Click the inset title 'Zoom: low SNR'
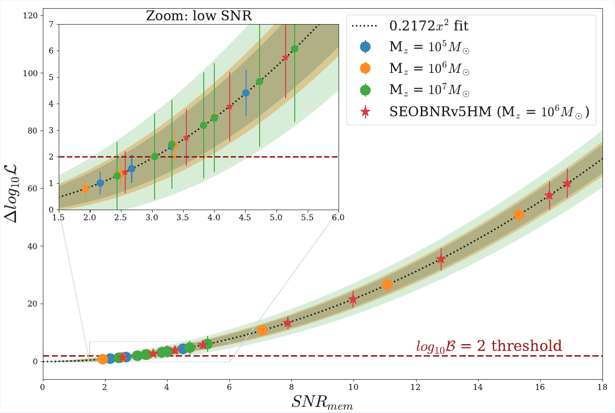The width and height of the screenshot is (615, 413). (x=199, y=15)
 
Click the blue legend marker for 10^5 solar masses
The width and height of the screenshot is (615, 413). (x=366, y=47)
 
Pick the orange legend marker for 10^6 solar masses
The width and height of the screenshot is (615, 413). (x=366, y=68)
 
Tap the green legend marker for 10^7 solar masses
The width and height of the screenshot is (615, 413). (x=366, y=90)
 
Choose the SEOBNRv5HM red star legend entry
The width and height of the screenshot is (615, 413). (x=366, y=112)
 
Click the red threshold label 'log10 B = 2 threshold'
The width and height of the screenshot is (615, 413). (x=489, y=346)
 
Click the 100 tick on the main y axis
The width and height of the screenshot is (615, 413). (x=32, y=74)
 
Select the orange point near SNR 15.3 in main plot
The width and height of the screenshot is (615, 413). (x=519, y=215)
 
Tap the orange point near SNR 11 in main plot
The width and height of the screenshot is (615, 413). (x=387, y=285)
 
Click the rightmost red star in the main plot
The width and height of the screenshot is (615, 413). (x=567, y=183)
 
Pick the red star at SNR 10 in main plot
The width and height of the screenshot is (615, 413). (x=353, y=299)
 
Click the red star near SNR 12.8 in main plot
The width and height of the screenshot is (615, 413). (x=441, y=259)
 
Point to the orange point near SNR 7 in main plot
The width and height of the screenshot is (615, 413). (x=262, y=330)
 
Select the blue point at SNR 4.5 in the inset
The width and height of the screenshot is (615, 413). (x=246, y=93)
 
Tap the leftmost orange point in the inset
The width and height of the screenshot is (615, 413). (x=85, y=188)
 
